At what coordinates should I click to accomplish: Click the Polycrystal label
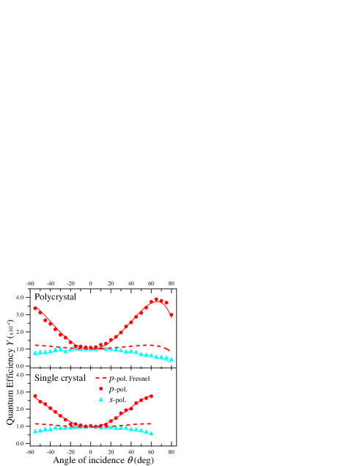55,296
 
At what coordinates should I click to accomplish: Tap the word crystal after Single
72,378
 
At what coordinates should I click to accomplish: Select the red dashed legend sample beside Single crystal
101,377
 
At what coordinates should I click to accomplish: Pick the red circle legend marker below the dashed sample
101,388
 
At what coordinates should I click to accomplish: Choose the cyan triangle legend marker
101,398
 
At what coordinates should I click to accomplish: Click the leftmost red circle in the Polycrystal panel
35,308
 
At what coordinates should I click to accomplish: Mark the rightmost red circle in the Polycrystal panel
172,316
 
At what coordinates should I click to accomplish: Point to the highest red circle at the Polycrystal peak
156,299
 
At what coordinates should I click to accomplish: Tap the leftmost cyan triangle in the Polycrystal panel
35,353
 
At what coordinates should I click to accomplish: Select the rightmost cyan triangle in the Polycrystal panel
172,360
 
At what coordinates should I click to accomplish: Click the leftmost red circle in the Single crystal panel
35,396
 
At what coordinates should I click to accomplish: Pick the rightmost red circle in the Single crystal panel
152,396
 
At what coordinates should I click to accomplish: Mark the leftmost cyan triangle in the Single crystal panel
35,431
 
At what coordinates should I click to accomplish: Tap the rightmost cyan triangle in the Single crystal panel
152,434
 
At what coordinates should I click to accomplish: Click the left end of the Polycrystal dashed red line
35,345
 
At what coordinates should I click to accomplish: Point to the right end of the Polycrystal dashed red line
171,351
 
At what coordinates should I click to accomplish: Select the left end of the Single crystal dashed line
35,424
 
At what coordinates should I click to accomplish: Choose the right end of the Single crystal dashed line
152,423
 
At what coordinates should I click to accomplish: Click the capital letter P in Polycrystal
37,296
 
